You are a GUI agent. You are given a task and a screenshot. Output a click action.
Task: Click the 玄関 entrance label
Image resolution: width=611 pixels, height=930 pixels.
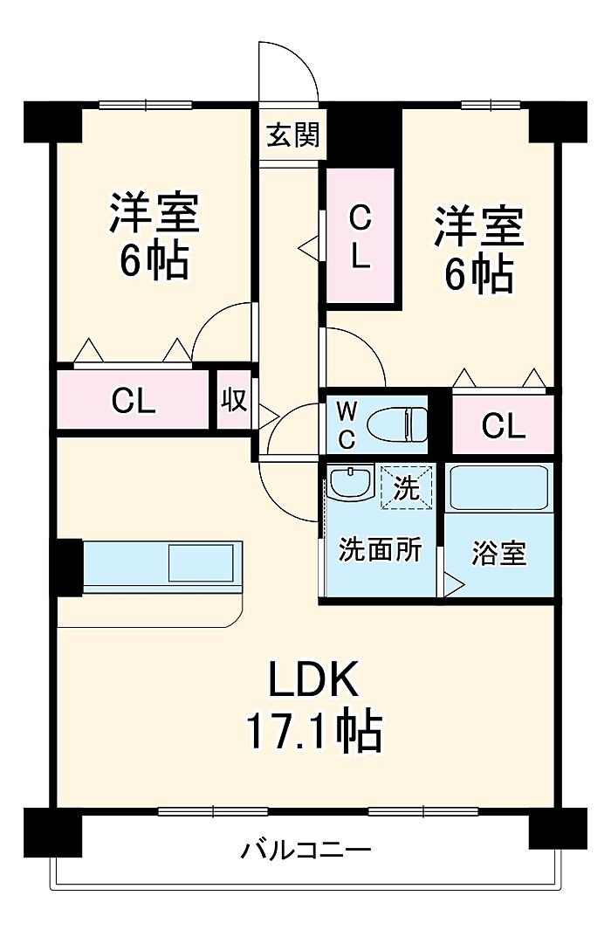click(x=292, y=135)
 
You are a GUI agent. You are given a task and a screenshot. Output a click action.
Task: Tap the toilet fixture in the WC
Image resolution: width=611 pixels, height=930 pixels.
click(x=398, y=425)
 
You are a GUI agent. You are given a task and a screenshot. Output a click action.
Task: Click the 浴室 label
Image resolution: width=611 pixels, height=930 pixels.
click(x=499, y=553)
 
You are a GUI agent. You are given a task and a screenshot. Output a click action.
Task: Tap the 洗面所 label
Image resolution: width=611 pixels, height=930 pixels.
click(x=380, y=550)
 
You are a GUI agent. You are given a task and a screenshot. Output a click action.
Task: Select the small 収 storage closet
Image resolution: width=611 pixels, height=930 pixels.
click(x=233, y=401)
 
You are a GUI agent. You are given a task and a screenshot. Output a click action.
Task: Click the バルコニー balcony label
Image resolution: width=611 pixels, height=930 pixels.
click(x=306, y=849)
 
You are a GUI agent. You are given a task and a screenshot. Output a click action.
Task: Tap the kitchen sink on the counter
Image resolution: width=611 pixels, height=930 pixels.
click(x=201, y=562)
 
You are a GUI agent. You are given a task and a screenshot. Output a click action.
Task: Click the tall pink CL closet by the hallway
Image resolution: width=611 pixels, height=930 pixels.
click(x=360, y=236)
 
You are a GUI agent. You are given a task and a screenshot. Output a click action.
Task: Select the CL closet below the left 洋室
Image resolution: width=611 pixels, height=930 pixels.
click(x=134, y=401)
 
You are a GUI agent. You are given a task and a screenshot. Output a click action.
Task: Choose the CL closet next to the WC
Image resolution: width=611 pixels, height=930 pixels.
click(x=504, y=425)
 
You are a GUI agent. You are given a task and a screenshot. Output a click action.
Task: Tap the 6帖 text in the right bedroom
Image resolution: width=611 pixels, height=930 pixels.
click(x=478, y=276)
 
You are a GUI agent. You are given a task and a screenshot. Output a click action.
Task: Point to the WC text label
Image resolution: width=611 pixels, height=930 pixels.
click(x=347, y=424)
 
